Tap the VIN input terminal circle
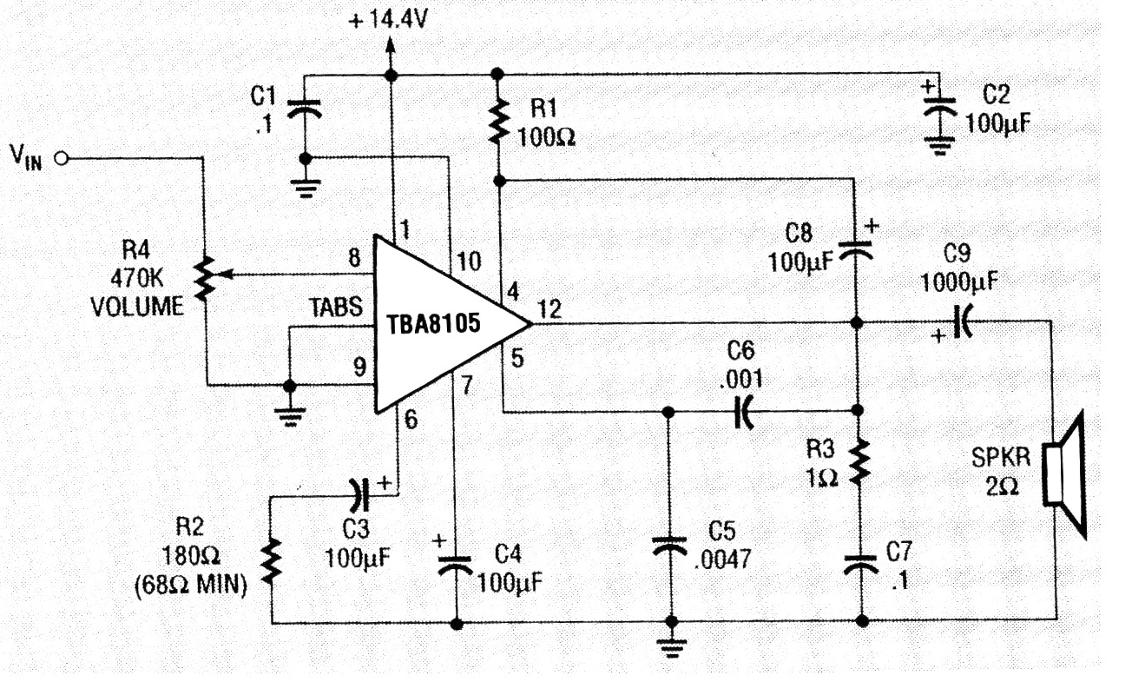[x=62, y=158]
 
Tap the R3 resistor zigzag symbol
[x=860, y=463]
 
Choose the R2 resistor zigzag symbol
[x=272, y=561]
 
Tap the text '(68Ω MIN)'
[x=191, y=586]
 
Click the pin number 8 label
[x=352, y=257]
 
